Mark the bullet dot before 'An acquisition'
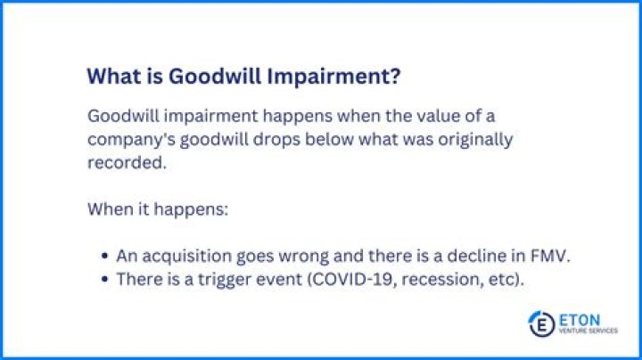point(104,256)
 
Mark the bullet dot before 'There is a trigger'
point(104,279)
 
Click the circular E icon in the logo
point(541,323)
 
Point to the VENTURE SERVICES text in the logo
point(588,331)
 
